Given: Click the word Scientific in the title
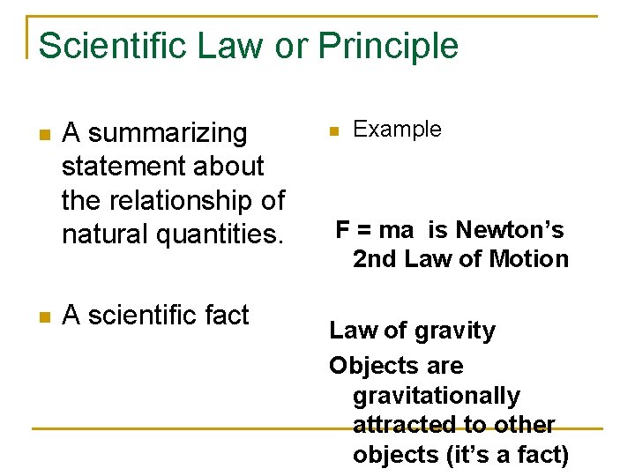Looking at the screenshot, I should pyautogui.click(x=114, y=46).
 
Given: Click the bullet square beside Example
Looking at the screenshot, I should pyautogui.click(x=332, y=131).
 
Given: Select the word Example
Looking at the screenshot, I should pyautogui.click(x=397, y=130).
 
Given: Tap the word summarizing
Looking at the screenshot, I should pyautogui.click(x=168, y=134).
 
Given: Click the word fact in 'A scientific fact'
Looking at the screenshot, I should pyautogui.click(x=225, y=316).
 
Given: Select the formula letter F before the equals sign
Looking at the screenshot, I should pyautogui.click(x=343, y=231).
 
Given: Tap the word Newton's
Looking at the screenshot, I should pyautogui.click(x=516, y=231).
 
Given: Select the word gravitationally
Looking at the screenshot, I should pyautogui.click(x=437, y=397).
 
